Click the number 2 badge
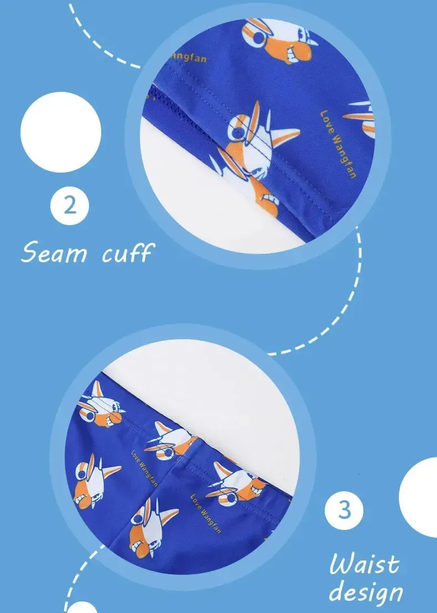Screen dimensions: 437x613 coord(70,206)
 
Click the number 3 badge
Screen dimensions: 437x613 coord(344,510)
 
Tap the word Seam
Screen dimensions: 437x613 coord(54,252)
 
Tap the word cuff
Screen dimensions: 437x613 coord(128,253)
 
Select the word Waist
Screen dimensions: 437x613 coord(365,564)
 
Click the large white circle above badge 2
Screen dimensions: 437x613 coord(61,132)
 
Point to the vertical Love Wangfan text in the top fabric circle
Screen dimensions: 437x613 coord(339,144)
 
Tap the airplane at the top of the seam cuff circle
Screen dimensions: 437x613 coord(278,40)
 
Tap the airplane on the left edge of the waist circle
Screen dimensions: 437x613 coord(94,481)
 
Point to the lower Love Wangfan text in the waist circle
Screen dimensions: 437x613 coord(206,514)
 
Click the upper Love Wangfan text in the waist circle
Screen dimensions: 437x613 coord(144,469)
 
